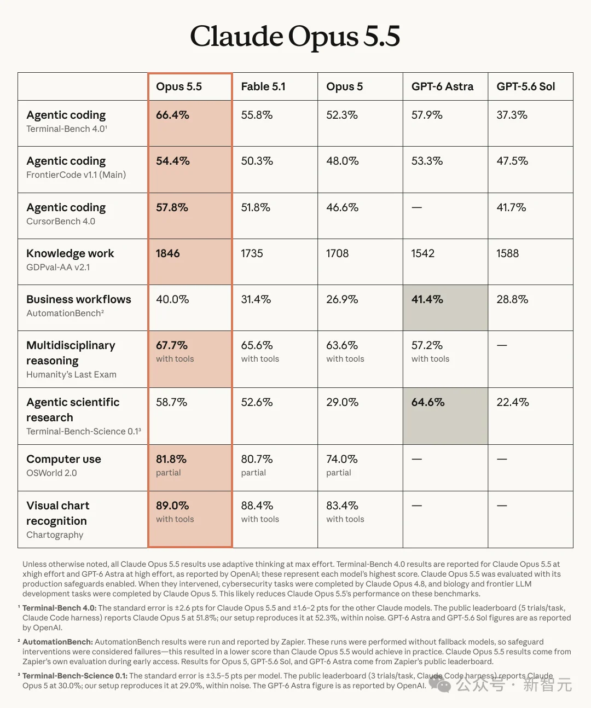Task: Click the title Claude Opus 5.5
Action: [x=295, y=37]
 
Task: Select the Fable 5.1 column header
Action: [x=263, y=86]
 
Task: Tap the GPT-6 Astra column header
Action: [x=442, y=86]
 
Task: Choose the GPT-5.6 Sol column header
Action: [x=525, y=86]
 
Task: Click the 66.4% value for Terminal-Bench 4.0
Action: [x=172, y=115]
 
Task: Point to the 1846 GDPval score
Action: [x=167, y=253]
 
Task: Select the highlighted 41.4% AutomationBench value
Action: [x=427, y=299]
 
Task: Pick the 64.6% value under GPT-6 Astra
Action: [x=428, y=402]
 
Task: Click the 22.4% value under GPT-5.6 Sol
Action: [x=513, y=402]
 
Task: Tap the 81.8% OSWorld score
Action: [x=171, y=459]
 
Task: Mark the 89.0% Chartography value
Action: [x=172, y=506]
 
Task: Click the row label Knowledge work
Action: [x=70, y=253]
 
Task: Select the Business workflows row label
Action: [x=79, y=299]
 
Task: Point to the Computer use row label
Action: [x=63, y=459]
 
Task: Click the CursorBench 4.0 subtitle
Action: [x=61, y=221]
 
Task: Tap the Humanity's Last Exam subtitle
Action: [x=71, y=374]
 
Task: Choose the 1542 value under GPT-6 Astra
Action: [x=422, y=253]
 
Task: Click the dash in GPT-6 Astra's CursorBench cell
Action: [x=417, y=207]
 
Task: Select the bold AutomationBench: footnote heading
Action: [x=57, y=642]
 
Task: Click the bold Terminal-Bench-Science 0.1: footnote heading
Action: [x=75, y=676]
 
